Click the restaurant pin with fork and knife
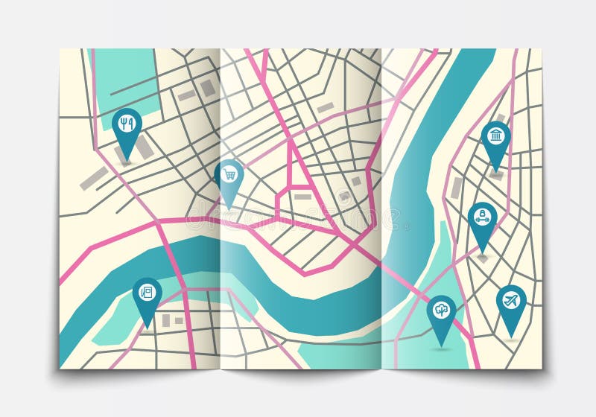[127, 127]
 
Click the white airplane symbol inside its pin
[511, 300]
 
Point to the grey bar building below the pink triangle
[302, 197]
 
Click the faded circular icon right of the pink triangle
[343, 197]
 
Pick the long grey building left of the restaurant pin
[94, 177]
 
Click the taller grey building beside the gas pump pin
[165, 320]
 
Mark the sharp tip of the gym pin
[483, 253]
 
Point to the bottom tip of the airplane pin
[511, 337]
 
